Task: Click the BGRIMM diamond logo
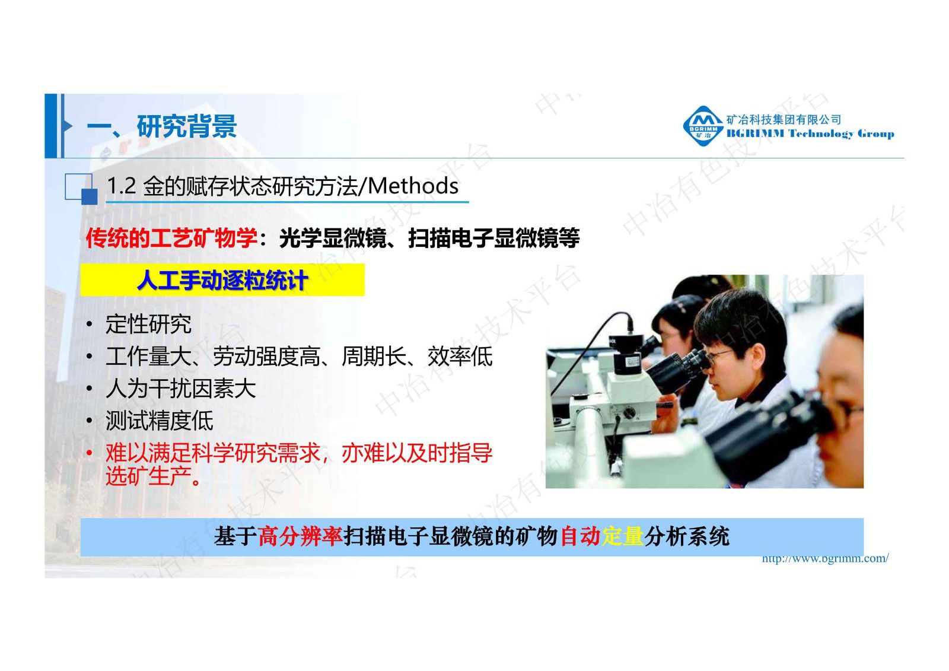702,125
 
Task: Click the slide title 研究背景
187,126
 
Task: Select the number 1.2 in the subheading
122,186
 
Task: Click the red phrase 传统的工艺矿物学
171,238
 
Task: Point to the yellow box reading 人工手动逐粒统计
222,280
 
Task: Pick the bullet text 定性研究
148,325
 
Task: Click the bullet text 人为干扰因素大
180,389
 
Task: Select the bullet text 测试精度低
159,421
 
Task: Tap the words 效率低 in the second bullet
460,357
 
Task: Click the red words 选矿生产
148,476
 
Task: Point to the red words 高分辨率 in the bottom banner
300,536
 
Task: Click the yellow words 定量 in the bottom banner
623,536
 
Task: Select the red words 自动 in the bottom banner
580,536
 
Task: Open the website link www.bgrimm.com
824,558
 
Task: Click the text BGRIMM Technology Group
810,134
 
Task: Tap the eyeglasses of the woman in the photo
716,356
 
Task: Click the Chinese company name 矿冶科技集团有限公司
784,119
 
